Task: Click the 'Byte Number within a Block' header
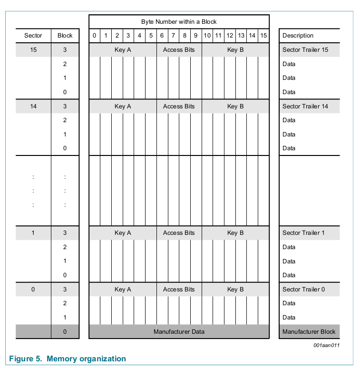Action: point(179,22)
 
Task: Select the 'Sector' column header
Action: point(33,36)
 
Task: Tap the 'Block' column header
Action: point(65,36)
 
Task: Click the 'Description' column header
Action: point(298,36)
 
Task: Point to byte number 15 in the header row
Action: point(263,36)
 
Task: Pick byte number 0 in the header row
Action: point(94,36)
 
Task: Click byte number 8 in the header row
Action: point(185,36)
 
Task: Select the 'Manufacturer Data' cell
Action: point(179,331)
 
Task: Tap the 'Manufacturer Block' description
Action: point(309,331)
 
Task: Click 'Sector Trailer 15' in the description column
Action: point(305,50)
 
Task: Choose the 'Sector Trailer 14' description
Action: point(305,106)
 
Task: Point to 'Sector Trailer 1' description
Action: point(303,233)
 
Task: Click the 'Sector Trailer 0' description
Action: point(303,289)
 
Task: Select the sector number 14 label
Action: point(33,106)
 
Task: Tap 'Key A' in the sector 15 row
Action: point(123,50)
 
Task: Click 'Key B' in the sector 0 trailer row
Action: point(235,289)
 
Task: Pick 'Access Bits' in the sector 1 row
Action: point(179,233)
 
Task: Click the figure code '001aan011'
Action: point(326,346)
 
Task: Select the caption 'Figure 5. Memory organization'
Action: point(68,359)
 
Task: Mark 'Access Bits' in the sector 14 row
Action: point(179,106)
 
